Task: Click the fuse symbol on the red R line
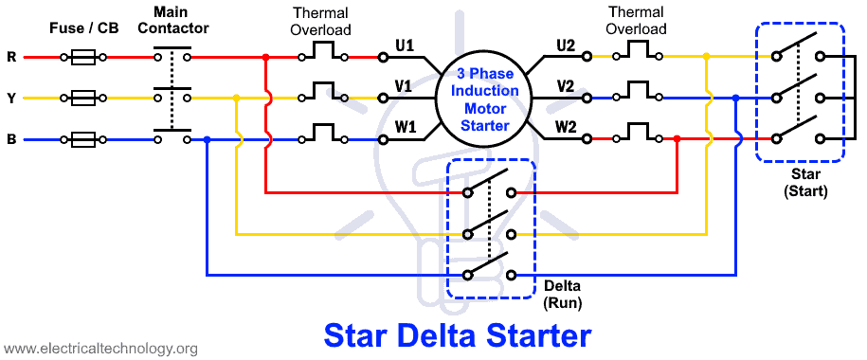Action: [84, 57]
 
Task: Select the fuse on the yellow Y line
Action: [84, 98]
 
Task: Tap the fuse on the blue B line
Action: [84, 139]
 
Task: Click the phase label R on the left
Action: [11, 57]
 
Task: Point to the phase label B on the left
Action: [11, 139]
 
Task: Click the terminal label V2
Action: [566, 86]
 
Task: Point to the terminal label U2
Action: [566, 45]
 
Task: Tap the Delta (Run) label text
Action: [563, 295]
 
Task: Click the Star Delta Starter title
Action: [458, 335]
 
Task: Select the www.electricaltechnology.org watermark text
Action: [99, 349]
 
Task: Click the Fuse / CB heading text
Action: [83, 28]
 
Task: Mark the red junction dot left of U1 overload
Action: [266, 57]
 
